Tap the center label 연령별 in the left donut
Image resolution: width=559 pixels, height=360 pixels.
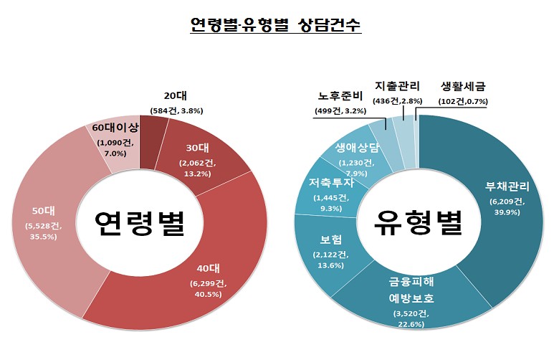point(140,224)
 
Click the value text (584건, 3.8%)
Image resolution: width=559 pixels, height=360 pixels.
point(177,110)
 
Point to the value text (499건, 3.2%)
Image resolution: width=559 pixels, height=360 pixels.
point(341,110)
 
